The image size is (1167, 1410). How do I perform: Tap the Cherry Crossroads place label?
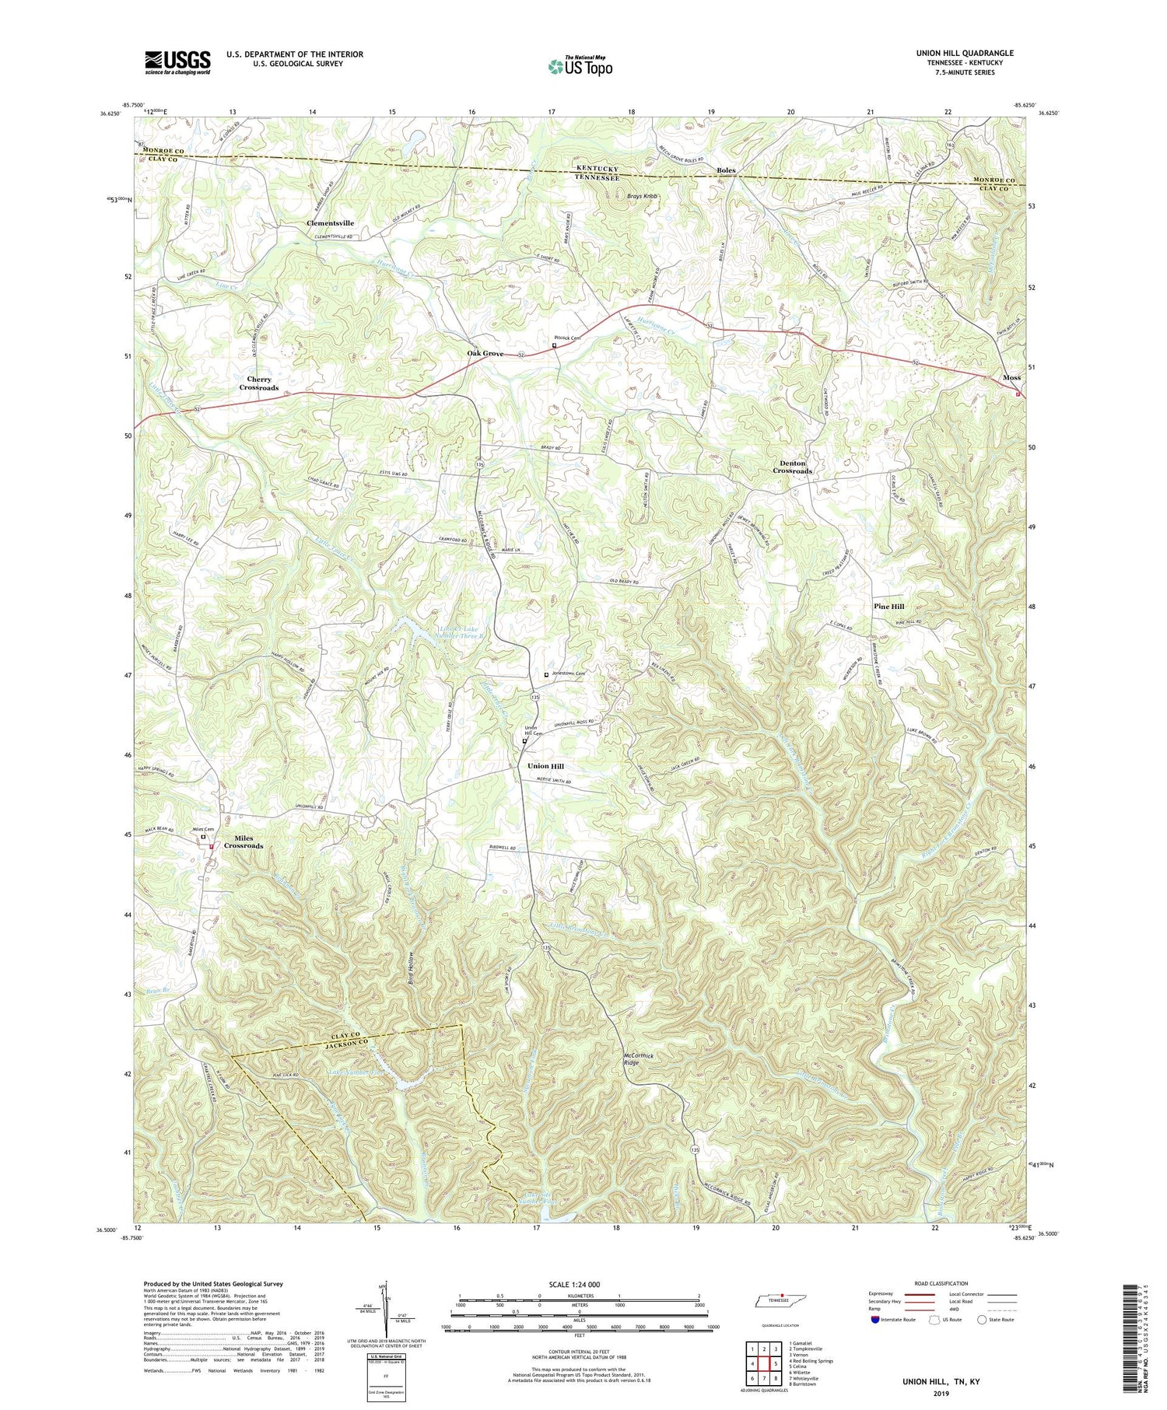click(259, 383)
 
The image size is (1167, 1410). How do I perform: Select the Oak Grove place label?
click(485, 354)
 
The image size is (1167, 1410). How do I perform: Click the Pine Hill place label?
click(888, 607)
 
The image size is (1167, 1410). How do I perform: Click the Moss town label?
click(1011, 377)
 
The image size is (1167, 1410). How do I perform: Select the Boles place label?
click(726, 170)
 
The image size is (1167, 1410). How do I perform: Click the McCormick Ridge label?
click(637, 1061)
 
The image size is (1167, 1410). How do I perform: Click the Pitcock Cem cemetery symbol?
click(554, 346)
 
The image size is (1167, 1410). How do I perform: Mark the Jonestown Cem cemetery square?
click(546, 674)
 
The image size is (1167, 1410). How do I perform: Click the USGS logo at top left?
click(177, 62)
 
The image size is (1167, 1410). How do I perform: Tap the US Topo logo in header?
click(580, 66)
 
